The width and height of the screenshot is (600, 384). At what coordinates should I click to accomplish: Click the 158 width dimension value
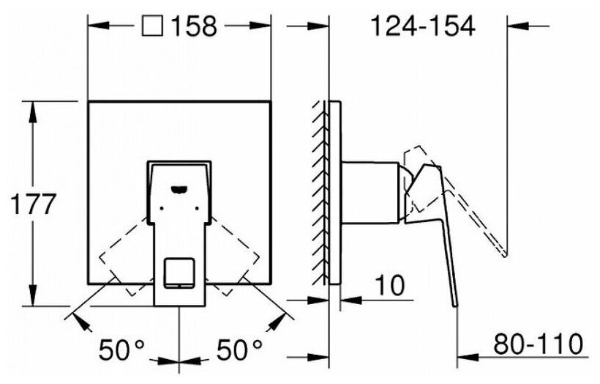(x=195, y=26)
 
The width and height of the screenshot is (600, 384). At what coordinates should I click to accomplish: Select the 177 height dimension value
(x=34, y=204)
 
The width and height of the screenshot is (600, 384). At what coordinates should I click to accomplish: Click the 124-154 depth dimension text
(x=422, y=26)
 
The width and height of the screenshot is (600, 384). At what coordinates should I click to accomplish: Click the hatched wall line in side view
(x=320, y=191)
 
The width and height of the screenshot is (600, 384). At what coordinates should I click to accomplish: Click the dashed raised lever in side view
(x=476, y=213)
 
